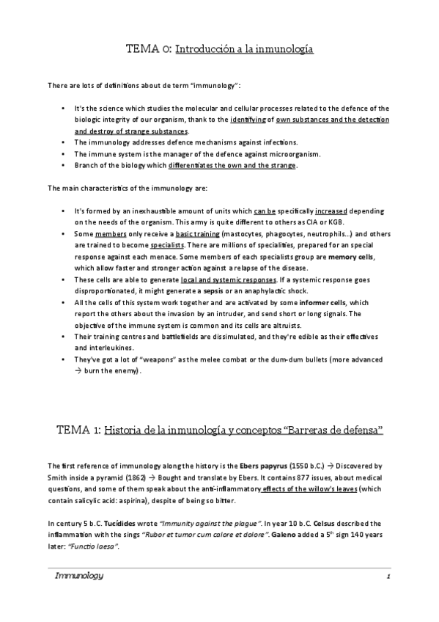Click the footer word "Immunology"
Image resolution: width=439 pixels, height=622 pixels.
[x=79, y=577]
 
